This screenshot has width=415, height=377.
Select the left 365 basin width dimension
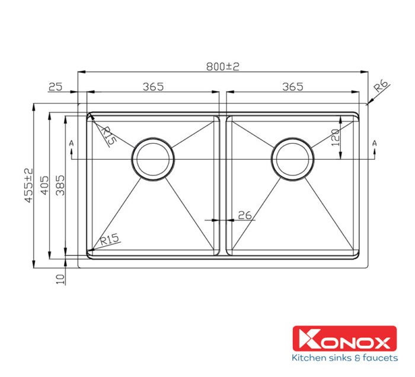click(153, 86)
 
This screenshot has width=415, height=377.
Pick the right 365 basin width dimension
click(292, 86)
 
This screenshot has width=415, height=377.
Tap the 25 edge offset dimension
click(55, 87)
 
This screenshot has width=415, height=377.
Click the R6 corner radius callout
click(381, 89)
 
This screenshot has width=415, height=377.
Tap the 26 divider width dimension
click(244, 215)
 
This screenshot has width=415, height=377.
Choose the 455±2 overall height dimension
click(28, 186)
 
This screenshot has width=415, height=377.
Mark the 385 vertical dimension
click(60, 186)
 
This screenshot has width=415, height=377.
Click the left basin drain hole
click(154, 159)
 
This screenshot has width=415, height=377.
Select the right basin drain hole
click(292, 159)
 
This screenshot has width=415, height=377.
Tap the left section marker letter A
click(71, 143)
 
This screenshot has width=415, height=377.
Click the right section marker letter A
click(374, 143)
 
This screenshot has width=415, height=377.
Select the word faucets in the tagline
click(376, 357)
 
